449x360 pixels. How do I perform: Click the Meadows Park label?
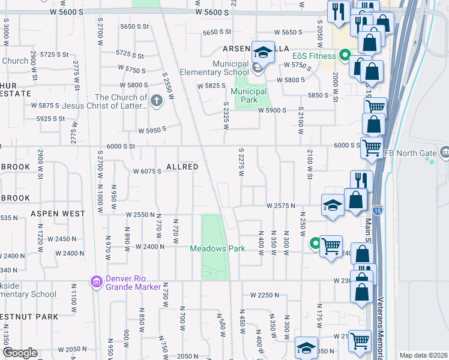coord(217,248)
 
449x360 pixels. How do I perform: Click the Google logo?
coord(20,353)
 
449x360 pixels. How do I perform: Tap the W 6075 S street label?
coord(147,171)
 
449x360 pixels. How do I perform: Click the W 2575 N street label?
coord(282,206)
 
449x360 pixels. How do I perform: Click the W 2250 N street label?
coord(265,295)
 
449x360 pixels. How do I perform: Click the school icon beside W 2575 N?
coord(333,205)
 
